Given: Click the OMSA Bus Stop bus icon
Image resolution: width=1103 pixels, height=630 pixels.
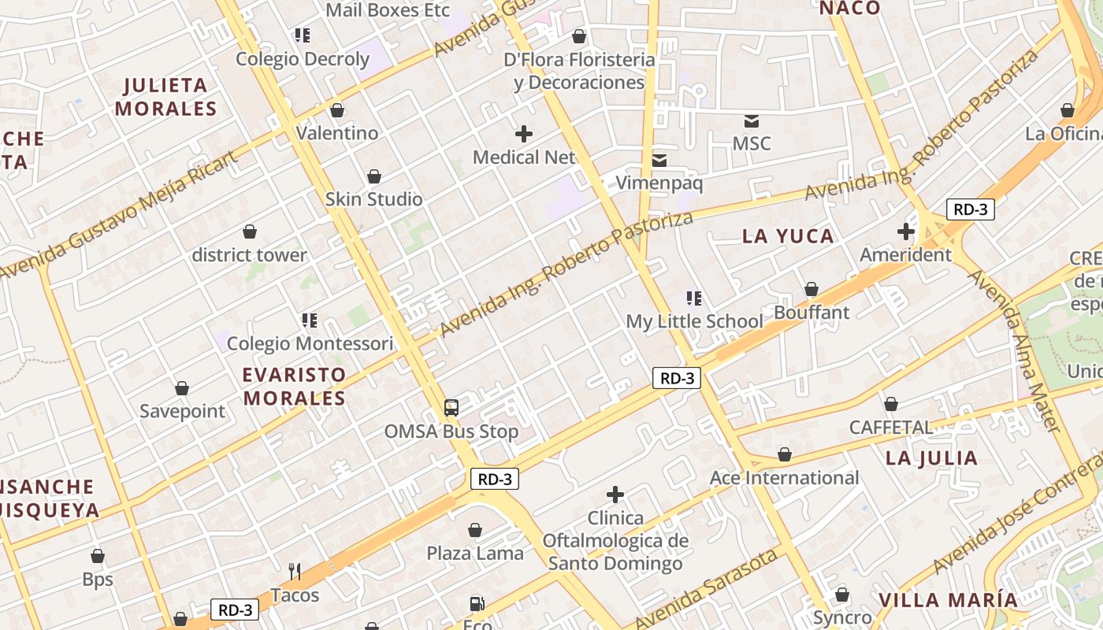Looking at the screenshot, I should pos(451,408).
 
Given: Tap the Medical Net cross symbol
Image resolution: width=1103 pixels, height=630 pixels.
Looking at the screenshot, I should pos(523,134).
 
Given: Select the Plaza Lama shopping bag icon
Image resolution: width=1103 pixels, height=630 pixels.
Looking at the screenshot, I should pos(475,531).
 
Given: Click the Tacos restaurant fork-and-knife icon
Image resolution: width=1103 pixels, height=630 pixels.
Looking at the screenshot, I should pos(295,572).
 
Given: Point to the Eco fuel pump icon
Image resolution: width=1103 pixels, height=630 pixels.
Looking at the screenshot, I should pos(477,604).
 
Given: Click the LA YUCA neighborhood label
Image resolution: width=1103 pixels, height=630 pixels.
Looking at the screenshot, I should pos(788,236).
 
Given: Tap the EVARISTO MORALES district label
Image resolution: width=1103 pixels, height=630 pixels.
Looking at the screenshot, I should pos(295,386).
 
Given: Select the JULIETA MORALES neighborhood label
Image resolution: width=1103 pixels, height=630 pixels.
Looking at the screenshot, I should pos(165,97).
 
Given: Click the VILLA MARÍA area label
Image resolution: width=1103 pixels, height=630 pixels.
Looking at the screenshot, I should pos(948,600).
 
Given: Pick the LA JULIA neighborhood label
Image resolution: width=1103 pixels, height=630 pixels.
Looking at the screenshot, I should pos(931,458).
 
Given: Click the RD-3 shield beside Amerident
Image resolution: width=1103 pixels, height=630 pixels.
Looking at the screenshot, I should pos(970,209).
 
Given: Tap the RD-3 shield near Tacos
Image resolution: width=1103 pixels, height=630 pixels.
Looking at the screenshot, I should pos(235,610).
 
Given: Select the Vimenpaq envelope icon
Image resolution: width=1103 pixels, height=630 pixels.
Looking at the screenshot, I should pos(659,161).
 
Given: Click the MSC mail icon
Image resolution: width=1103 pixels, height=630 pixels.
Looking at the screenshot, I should pos(752,121).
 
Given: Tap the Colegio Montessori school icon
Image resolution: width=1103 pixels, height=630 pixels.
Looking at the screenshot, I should pos(310,321).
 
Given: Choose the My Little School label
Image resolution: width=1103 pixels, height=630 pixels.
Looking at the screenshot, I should pos(694,321).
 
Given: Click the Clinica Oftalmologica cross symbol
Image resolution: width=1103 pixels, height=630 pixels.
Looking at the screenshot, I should pos(615,495).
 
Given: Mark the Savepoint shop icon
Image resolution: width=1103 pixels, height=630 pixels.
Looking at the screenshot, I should pos(182,389).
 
